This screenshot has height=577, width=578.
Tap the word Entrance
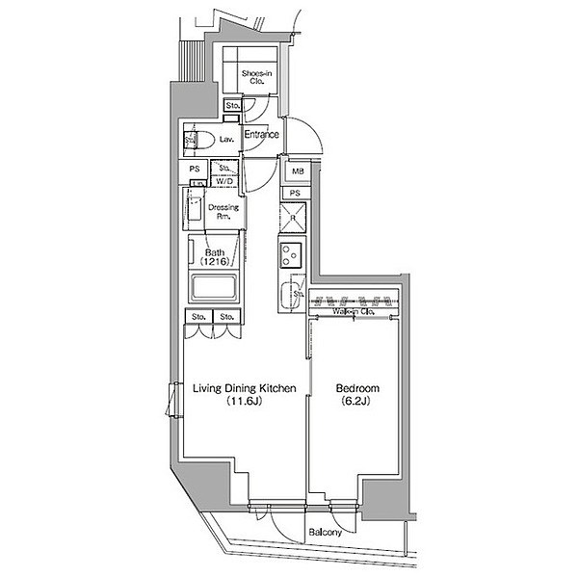click(260, 135)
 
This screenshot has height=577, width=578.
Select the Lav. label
click(226, 140)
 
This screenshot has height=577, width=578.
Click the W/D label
click(224, 181)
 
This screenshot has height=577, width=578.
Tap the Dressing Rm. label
click(223, 212)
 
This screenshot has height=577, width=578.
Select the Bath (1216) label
click(214, 257)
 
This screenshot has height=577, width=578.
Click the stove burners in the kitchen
click(291, 255)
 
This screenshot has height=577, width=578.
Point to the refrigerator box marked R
click(294, 216)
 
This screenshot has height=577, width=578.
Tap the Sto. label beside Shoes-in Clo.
click(232, 104)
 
